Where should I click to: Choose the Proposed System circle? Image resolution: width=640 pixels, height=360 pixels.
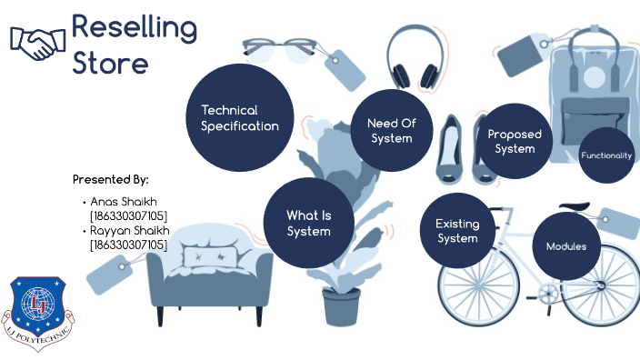point(515,141)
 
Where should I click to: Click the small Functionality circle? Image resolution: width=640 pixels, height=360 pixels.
point(605,155)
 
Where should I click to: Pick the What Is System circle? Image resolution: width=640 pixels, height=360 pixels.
point(308,223)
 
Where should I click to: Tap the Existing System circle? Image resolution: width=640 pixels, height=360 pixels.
point(456,231)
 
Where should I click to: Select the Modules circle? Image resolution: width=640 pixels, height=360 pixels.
point(566,246)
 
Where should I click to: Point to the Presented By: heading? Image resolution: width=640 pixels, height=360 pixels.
point(110,179)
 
